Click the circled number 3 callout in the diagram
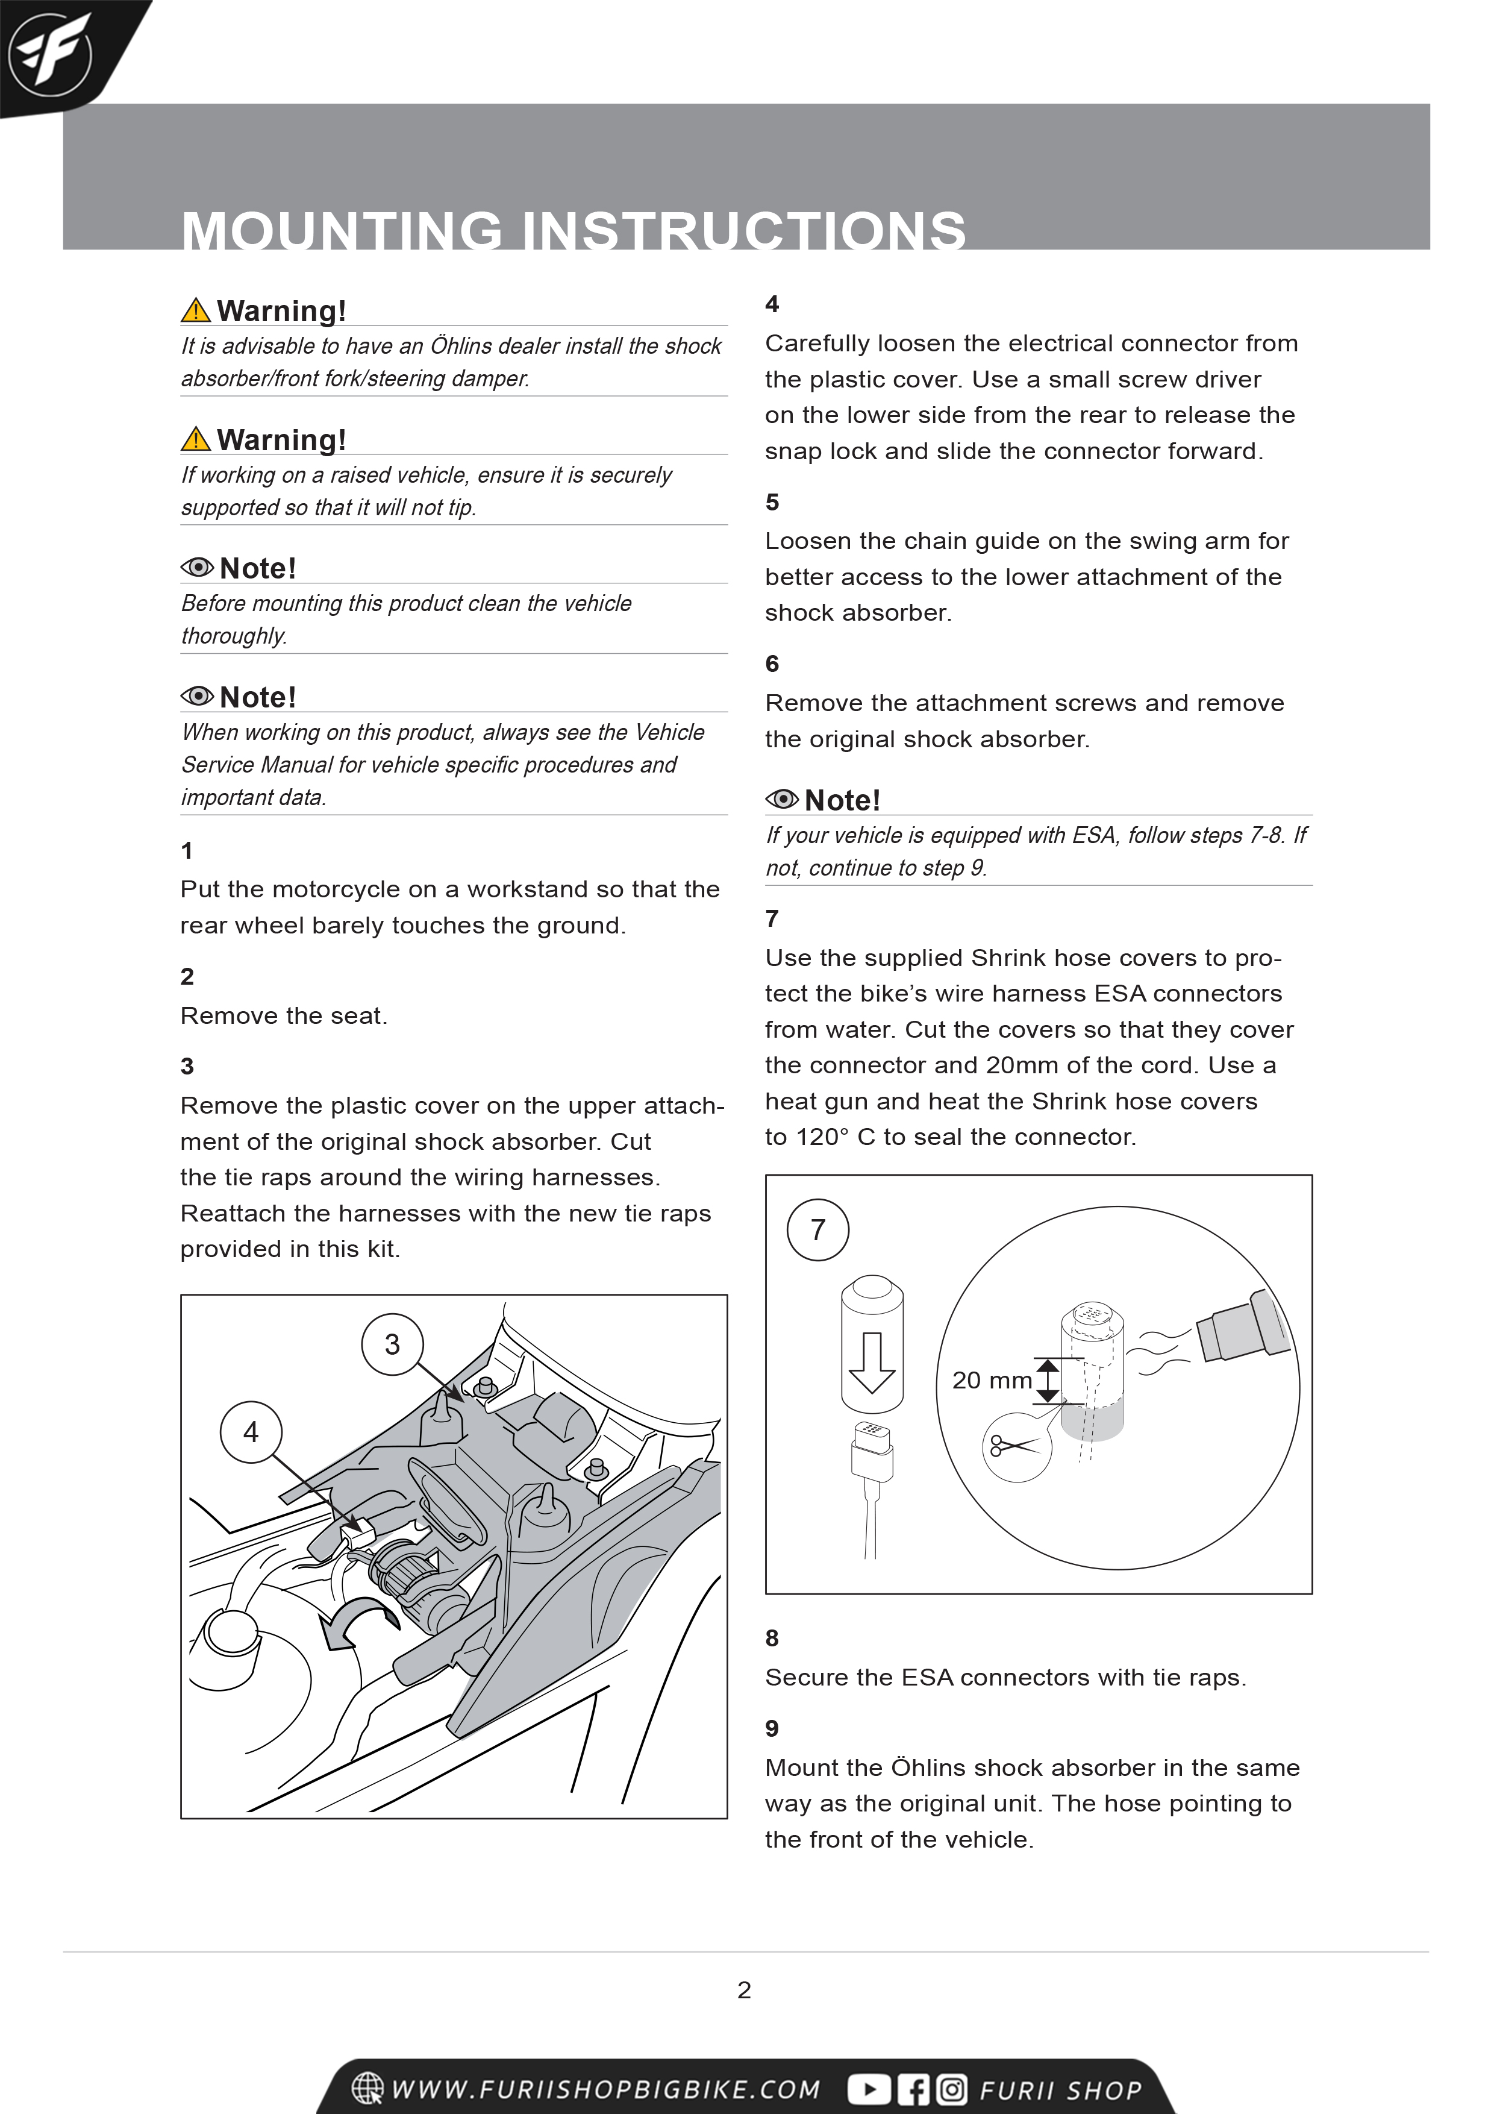(x=392, y=1344)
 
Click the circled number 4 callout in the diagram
(x=251, y=1432)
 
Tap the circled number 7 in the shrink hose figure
(x=817, y=1229)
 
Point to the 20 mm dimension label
(x=992, y=1380)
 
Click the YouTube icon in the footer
(x=868, y=2089)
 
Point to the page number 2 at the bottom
(x=744, y=1990)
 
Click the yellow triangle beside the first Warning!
(x=196, y=310)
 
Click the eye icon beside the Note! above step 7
(x=781, y=799)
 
